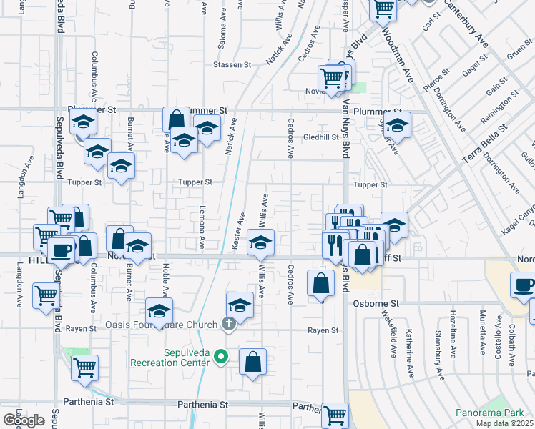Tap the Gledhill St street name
[x=320, y=137]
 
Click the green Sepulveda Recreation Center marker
[x=221, y=355]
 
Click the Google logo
[x=24, y=420]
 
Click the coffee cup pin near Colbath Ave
[x=523, y=283]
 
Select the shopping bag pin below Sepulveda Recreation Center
[x=253, y=362]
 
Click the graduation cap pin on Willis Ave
[x=261, y=243]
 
